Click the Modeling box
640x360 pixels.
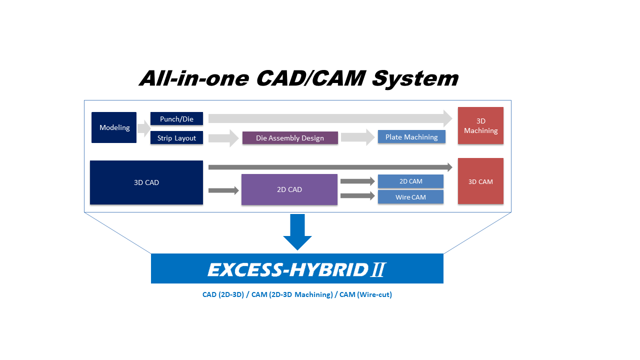click(113, 127)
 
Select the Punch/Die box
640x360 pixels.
click(176, 118)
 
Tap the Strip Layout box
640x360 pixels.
click(176, 137)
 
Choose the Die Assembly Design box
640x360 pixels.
click(290, 137)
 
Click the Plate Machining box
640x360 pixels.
click(411, 137)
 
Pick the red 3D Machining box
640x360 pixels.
click(480, 125)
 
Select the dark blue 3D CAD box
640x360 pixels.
click(146, 182)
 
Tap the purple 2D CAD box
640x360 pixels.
click(289, 189)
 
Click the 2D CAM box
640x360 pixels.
click(410, 181)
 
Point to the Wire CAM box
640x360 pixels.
click(410, 197)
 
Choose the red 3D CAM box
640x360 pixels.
click(480, 181)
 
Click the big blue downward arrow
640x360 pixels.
click(297, 232)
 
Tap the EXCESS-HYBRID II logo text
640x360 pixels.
click(297, 269)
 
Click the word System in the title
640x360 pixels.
click(415, 78)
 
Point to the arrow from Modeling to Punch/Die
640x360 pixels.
click(144, 128)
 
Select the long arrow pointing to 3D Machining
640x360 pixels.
click(330, 118)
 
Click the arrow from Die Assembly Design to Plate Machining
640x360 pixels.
click(357, 137)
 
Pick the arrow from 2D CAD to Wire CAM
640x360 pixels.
click(357, 195)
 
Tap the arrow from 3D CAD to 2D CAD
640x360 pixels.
click(223, 190)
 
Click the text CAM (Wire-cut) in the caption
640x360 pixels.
click(365, 294)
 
